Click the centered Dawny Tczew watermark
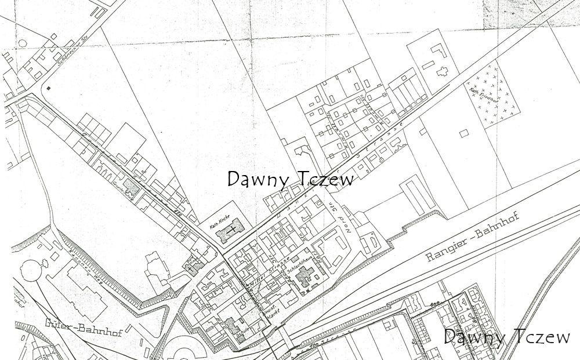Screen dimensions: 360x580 pos(290,179)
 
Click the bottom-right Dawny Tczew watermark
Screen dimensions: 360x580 pos(507,337)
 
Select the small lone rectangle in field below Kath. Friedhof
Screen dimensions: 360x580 pos(463,133)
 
